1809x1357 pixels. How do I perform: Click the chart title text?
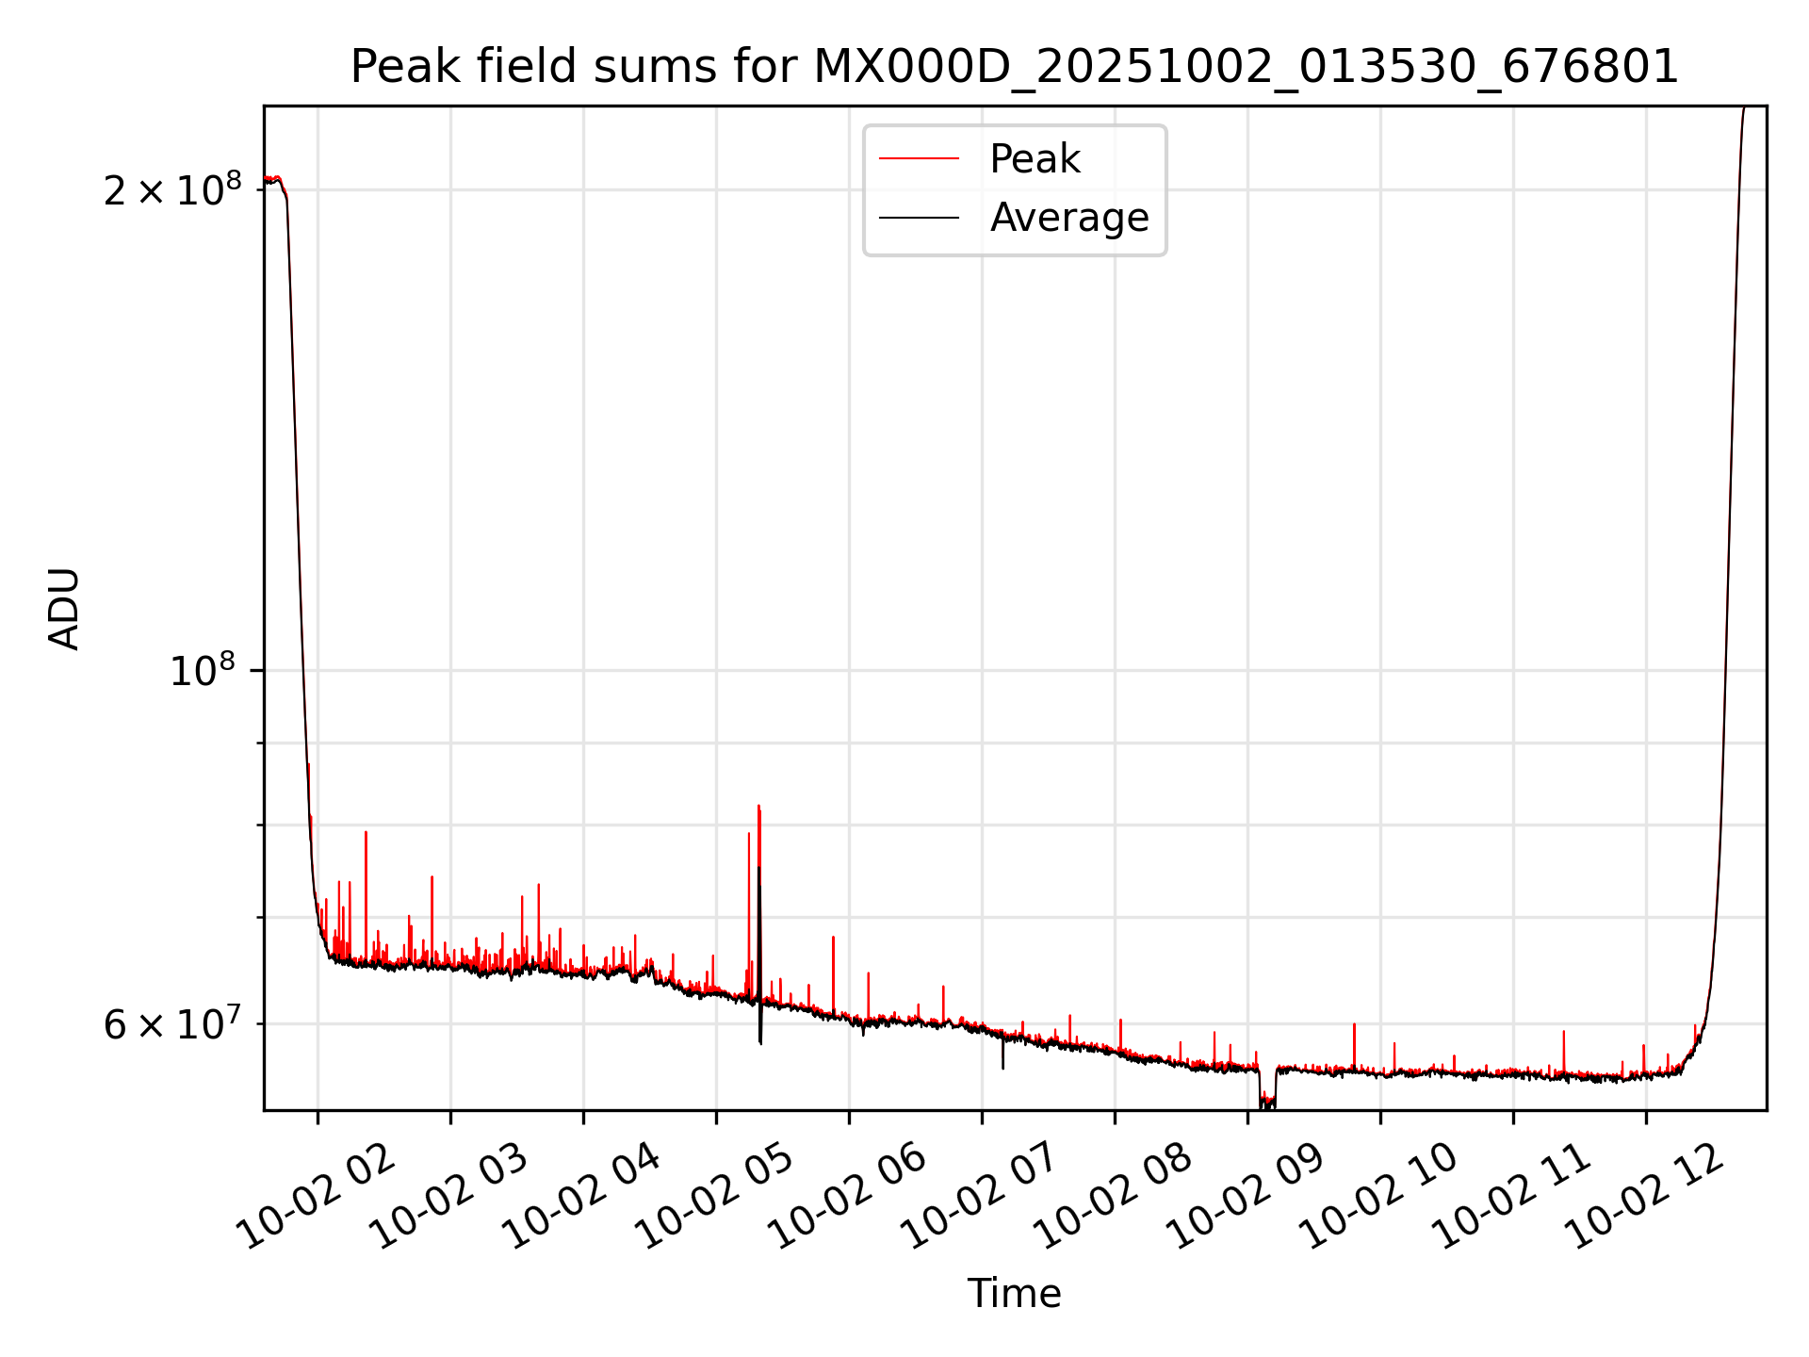tap(1014, 67)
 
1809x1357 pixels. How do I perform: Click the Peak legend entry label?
tap(1035, 159)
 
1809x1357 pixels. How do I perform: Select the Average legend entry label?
tap(1069, 218)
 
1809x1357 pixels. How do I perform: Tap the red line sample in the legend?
tap(919, 159)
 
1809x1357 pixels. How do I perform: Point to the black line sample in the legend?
tap(919, 218)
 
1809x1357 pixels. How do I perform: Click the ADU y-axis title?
tap(64, 608)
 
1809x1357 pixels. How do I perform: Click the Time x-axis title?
tap(1014, 1294)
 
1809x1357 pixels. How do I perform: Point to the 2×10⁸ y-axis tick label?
tap(171, 190)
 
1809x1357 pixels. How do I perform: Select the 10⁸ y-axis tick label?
tap(202, 671)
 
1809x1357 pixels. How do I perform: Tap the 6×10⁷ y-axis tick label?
tap(171, 1024)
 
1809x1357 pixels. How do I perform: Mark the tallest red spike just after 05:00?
tap(758, 809)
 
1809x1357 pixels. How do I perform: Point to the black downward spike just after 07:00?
tap(1002, 1063)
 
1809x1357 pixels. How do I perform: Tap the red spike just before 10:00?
tap(1354, 1027)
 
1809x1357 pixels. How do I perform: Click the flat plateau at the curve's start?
tap(273, 179)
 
